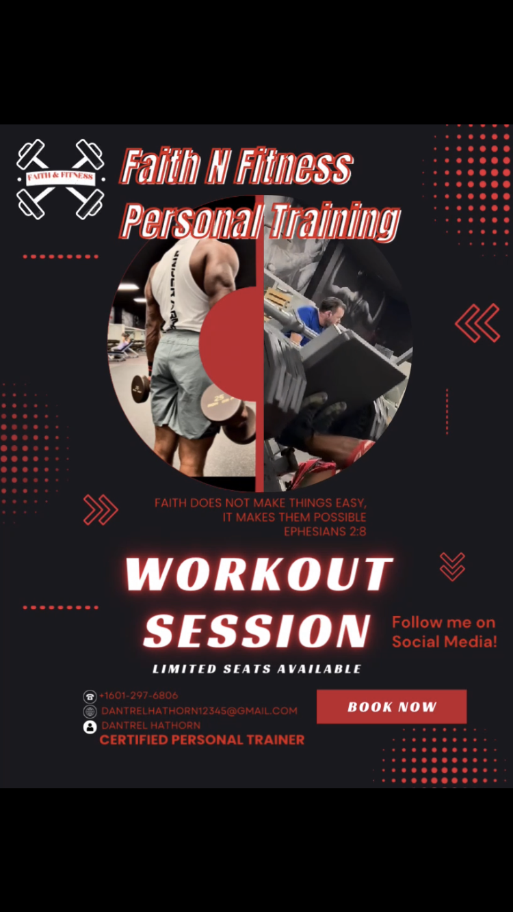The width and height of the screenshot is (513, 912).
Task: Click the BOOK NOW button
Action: coord(391,706)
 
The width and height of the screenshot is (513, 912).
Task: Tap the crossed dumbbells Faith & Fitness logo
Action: coord(60,178)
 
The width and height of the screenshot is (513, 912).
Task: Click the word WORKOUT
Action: coord(259,574)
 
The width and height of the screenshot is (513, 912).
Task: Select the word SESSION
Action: coord(257,630)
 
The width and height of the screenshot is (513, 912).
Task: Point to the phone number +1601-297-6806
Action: coord(139,695)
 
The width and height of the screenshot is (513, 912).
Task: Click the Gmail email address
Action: coord(199,711)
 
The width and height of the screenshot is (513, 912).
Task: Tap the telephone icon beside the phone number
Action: coord(90,697)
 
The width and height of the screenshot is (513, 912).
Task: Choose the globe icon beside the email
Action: coord(90,711)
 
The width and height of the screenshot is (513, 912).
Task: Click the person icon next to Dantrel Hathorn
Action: coord(90,726)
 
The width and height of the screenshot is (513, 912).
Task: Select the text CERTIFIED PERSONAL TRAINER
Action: coord(202,740)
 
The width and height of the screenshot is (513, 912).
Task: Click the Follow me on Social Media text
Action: coord(444,632)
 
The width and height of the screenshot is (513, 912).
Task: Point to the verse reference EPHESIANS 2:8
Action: coord(325,531)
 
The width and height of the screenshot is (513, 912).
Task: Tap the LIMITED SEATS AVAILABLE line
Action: coord(256,669)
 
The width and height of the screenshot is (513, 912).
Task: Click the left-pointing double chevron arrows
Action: coord(477,323)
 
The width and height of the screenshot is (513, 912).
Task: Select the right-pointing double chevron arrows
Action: coord(101,510)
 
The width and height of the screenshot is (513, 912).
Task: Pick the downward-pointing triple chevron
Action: coord(452,566)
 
